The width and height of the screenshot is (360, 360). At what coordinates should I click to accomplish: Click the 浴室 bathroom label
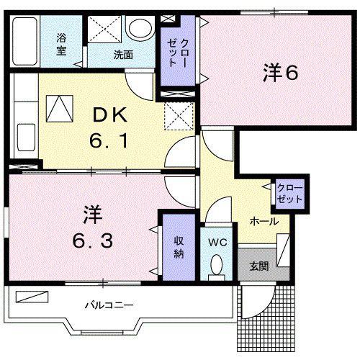[61, 45]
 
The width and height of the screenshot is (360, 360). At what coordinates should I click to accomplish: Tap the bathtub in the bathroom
[25, 41]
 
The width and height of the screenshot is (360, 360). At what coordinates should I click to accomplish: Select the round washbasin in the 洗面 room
[140, 27]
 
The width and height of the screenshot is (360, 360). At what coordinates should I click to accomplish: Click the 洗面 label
[123, 55]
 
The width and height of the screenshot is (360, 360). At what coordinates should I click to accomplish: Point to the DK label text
[110, 115]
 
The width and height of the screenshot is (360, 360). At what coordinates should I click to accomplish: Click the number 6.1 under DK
[109, 140]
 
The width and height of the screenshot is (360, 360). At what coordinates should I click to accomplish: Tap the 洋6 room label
[281, 72]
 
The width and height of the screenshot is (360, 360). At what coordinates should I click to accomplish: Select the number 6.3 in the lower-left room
[93, 240]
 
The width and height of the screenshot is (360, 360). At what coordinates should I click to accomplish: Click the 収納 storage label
[179, 247]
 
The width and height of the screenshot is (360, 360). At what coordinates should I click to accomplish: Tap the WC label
[217, 243]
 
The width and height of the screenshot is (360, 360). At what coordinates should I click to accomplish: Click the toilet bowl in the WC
[217, 265]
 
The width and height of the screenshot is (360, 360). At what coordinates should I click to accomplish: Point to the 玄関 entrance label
[259, 266]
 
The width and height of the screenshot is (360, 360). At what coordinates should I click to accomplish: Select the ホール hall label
[264, 221]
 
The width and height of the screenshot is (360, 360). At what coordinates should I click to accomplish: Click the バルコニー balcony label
[109, 305]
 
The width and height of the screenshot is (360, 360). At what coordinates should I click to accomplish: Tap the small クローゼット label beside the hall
[289, 194]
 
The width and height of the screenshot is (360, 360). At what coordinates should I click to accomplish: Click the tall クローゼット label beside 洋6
[179, 53]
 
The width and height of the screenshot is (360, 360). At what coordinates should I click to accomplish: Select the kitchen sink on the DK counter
[26, 138]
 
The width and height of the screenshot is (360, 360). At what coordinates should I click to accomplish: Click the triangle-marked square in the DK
[60, 109]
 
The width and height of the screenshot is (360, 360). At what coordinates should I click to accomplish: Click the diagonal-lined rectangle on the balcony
[32, 297]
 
